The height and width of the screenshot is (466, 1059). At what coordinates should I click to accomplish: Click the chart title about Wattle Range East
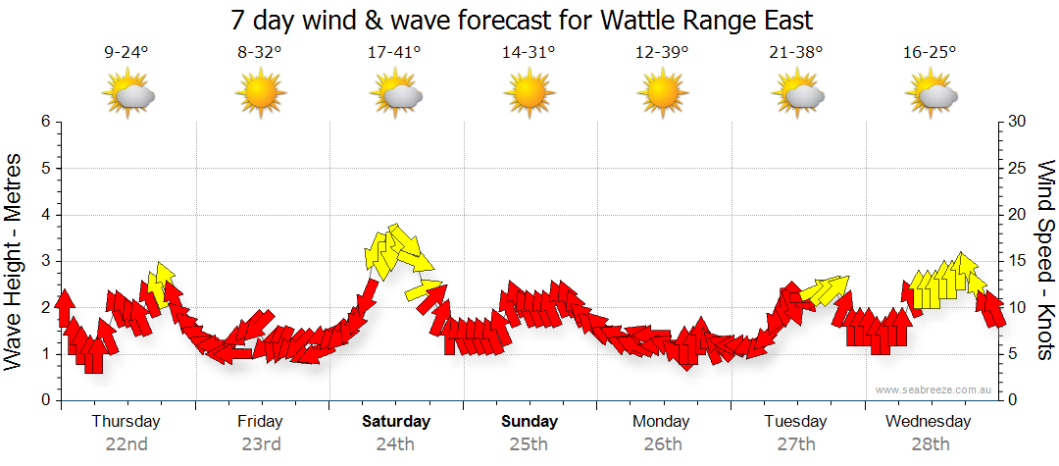pos(522,20)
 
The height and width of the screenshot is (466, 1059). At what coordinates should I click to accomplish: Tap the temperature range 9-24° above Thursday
pos(126,53)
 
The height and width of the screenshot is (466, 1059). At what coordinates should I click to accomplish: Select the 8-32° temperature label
pos(260,53)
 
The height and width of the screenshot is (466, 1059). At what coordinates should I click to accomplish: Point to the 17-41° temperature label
pos(394,53)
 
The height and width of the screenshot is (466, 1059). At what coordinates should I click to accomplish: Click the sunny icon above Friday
pos(260,95)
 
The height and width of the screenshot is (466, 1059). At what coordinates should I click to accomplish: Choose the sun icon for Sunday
pos(529,95)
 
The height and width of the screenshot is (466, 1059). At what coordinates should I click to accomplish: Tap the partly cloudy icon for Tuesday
pos(796,95)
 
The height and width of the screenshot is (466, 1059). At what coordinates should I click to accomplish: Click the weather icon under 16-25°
pos(930,95)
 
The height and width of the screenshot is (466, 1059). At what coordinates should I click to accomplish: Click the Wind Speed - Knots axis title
pos(1044,261)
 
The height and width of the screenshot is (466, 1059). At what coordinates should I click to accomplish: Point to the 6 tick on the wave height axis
pos(44,122)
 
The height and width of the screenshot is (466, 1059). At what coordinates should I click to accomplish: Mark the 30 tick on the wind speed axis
pos(1016,122)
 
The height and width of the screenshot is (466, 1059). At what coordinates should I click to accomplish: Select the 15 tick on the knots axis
pos(1016,261)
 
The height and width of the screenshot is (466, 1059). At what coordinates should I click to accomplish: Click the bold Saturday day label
pos(396,422)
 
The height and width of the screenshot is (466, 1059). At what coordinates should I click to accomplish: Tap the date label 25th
pos(529,444)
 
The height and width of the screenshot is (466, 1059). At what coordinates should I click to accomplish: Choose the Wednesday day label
pos(928,422)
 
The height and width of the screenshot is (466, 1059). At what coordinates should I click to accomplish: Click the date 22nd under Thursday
pos(126,444)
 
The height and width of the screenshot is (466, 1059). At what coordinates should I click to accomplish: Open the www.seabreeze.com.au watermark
pos(934,390)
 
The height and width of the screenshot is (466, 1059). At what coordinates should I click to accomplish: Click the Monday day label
pos(662,422)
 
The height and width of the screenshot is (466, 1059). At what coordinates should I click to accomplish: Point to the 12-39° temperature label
pos(662,53)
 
